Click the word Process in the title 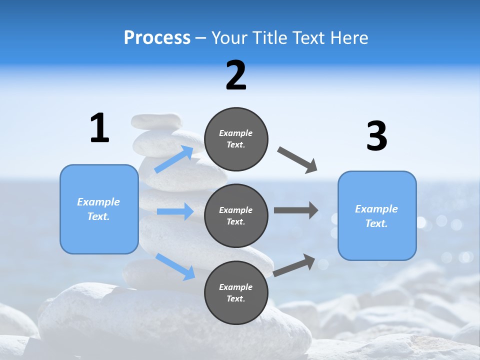tap(157, 38)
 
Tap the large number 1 tap(99, 128)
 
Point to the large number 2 tap(236, 75)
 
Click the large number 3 tap(376, 136)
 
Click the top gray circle tap(236, 139)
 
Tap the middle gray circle tap(236, 215)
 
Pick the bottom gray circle tap(236, 292)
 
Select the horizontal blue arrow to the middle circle tap(175, 211)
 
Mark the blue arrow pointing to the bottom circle tap(175, 266)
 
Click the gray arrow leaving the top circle tap(297, 160)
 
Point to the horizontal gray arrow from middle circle tap(296, 210)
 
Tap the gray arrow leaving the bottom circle tap(294, 265)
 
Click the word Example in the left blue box tap(98, 202)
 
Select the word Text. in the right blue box tap(376, 223)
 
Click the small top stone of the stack tap(156, 120)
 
